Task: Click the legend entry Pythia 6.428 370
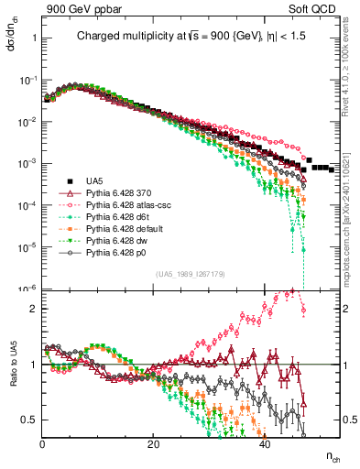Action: (117, 193)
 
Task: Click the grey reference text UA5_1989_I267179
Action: (169, 274)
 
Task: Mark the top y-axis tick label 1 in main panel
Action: (35, 38)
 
